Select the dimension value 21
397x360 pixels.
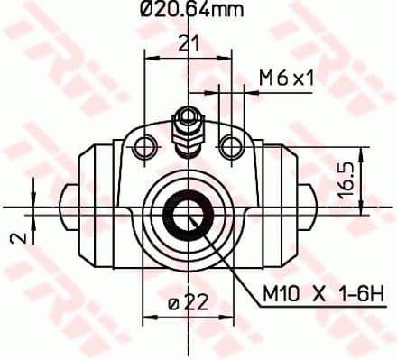(187, 42)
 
